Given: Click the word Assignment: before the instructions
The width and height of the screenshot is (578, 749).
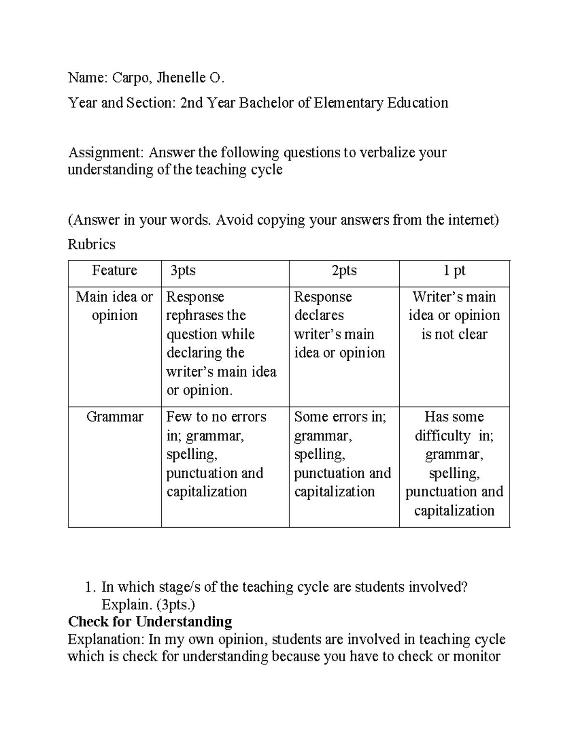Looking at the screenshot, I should pos(106,152).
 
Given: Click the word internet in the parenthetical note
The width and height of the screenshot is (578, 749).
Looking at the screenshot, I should pos(471,220).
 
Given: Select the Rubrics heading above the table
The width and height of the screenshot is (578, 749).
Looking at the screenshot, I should pos(92,245).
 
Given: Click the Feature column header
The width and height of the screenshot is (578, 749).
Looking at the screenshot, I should pos(115,270).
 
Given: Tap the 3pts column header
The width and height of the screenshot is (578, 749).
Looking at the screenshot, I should pos(183,270).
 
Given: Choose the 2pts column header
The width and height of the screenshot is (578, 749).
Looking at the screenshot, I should pos(344,270).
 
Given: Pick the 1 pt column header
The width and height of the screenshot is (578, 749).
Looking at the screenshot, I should pos(454,270).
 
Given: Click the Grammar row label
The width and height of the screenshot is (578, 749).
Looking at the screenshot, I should pos(115,417).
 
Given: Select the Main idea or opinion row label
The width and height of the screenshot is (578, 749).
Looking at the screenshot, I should pos(115,306).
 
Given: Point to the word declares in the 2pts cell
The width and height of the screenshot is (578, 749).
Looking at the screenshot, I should pos(319,315).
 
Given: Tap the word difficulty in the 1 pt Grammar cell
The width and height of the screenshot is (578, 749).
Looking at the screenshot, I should pos(442,436).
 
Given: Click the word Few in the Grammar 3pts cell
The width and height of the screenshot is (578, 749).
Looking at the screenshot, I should pos(179,417).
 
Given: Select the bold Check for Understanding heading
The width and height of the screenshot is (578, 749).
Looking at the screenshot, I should pos(150,621).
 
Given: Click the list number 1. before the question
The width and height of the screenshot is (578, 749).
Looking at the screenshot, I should pos(89,587).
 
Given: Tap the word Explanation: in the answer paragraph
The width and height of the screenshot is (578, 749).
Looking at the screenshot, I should pos(105,639).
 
